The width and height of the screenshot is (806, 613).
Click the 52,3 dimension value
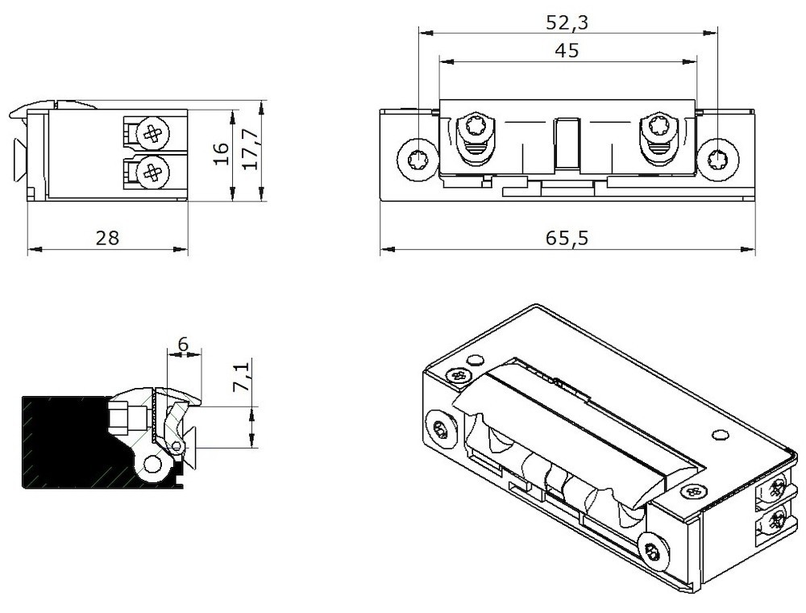(x=567, y=23)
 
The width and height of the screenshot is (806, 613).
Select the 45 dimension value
(x=567, y=50)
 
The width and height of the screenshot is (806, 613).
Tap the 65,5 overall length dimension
(x=567, y=239)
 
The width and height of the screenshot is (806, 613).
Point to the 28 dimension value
(x=107, y=238)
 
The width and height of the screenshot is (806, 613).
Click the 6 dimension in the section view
(x=183, y=344)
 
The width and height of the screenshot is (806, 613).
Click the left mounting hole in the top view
(x=418, y=159)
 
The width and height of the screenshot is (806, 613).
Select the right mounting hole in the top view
(x=716, y=159)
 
